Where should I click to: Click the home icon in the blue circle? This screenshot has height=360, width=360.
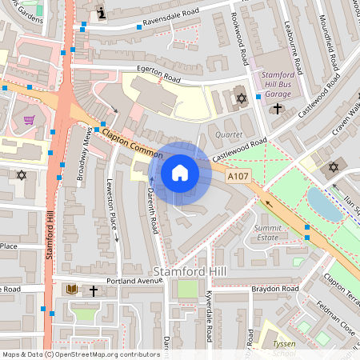tap(180, 172)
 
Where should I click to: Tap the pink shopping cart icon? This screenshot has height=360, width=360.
tap(30, 120)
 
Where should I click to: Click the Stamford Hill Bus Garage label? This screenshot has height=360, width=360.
tap(278, 85)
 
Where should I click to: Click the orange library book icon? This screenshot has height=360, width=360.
tap(71, 290)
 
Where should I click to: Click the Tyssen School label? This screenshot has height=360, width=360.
tap(285, 347)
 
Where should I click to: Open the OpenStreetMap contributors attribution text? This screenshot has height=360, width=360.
tap(104, 354)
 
